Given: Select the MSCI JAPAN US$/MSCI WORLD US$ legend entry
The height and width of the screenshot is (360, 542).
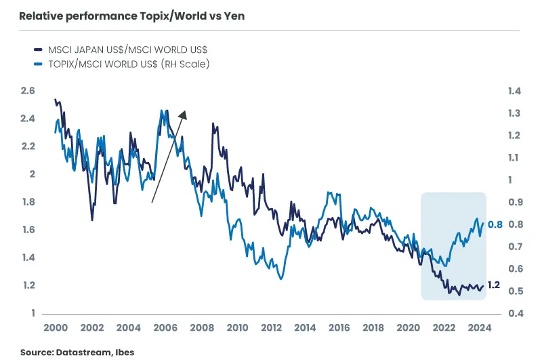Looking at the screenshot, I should [x=125, y=49].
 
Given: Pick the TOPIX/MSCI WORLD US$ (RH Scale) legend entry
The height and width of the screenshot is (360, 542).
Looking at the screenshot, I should [x=125, y=64].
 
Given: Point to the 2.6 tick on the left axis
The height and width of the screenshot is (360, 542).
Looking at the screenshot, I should [x=28, y=91].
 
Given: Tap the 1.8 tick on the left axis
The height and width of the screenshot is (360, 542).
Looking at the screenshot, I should [x=28, y=202].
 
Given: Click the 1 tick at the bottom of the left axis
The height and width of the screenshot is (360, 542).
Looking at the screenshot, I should [x=31, y=313].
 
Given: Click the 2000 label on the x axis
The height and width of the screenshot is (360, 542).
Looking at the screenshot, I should [x=55, y=327].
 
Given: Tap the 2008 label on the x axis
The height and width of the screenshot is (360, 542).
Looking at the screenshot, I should [x=201, y=327].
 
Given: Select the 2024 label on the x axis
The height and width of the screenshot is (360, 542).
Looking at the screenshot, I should [x=479, y=327].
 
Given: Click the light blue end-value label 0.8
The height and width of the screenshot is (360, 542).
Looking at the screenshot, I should [x=495, y=224].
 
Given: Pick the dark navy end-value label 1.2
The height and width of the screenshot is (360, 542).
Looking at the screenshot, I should [x=495, y=285].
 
